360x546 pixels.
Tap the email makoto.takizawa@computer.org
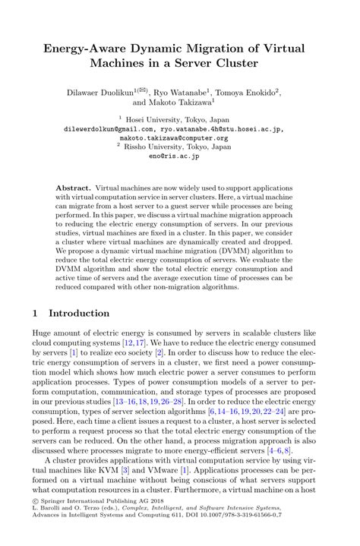pyautogui.click(x=179, y=137)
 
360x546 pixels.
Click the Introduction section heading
pyautogui.click(x=79, y=313)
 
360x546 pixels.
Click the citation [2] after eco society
pyautogui.click(x=158, y=354)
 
